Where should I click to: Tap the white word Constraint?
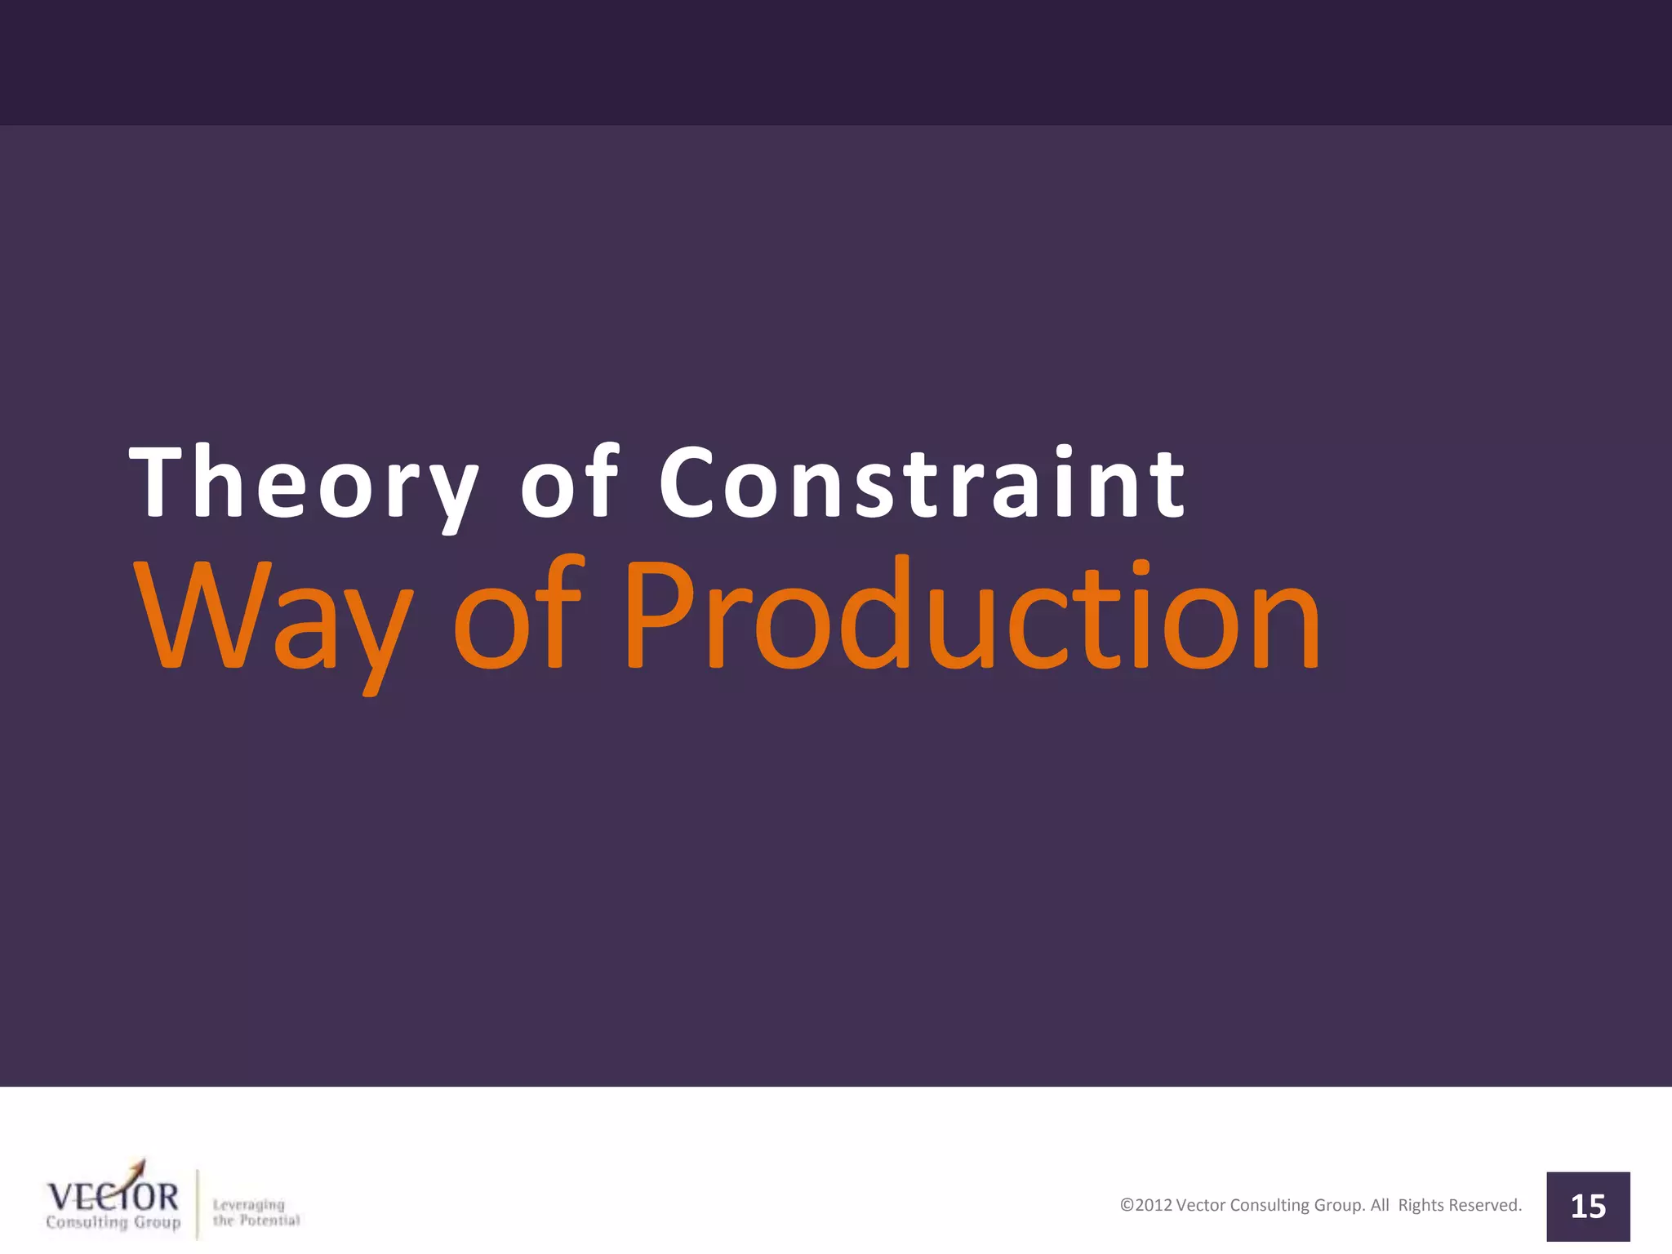point(923,483)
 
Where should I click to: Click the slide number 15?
point(1588,1207)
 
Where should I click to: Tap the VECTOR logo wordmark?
point(113,1197)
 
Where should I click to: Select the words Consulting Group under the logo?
point(113,1222)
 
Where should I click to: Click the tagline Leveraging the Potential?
point(256,1212)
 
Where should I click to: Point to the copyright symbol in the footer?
point(1127,1205)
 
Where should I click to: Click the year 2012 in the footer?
point(1154,1205)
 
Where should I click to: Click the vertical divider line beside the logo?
point(198,1204)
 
